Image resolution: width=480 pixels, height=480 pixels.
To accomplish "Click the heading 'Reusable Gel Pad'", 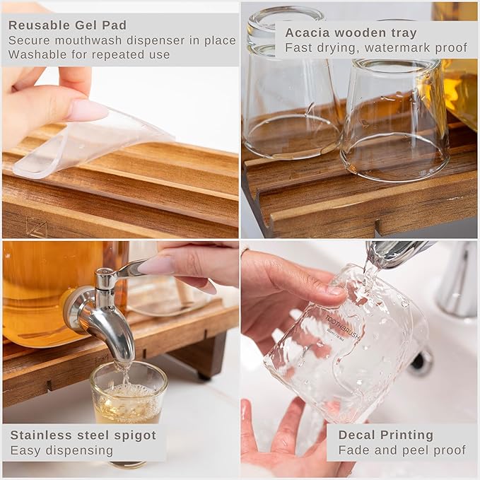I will tap(67, 25).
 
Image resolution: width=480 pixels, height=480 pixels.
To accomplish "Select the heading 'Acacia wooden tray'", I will tap(351, 33).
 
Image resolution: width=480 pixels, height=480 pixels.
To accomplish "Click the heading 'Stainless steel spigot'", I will tap(83, 435).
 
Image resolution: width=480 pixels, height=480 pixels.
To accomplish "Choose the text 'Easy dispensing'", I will tap(62, 450).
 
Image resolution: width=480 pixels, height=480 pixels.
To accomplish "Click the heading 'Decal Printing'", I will tap(386, 435).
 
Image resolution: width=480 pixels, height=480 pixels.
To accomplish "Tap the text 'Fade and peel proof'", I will tap(402, 450).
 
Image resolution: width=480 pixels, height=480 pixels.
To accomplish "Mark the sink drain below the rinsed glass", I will tap(421, 362).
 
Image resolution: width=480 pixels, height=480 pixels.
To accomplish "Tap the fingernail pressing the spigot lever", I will tap(157, 265).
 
